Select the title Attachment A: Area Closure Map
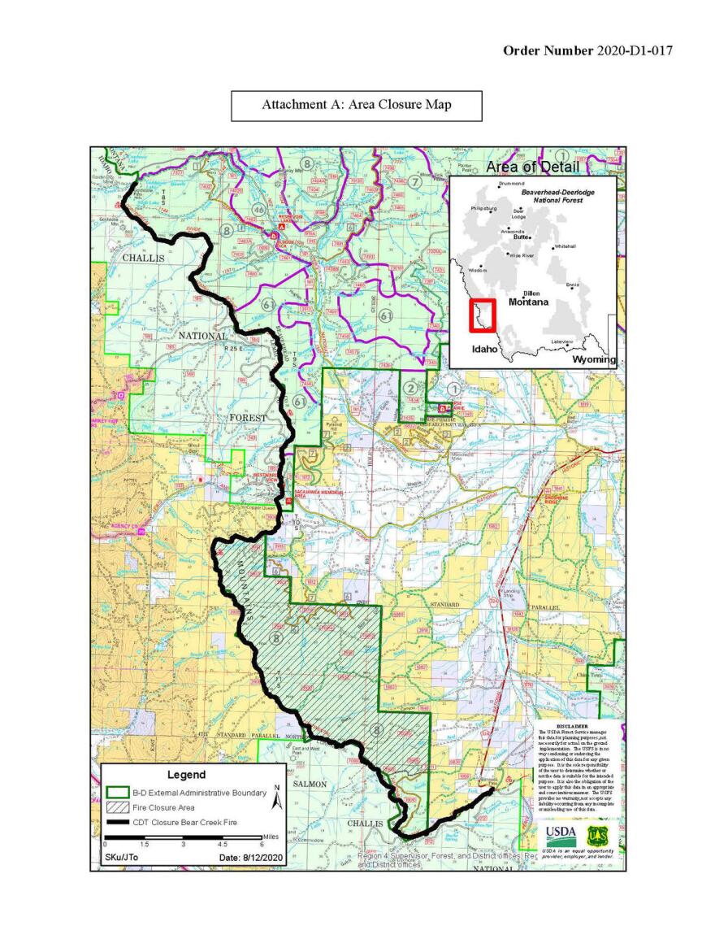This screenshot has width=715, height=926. (x=356, y=105)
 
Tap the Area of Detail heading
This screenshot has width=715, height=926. (x=532, y=167)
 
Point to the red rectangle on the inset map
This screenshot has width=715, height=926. (x=483, y=315)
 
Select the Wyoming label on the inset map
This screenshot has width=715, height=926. (x=593, y=359)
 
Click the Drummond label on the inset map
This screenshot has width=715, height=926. (x=512, y=184)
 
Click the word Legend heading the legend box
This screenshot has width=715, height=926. (x=186, y=775)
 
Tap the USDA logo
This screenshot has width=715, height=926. (x=561, y=834)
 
